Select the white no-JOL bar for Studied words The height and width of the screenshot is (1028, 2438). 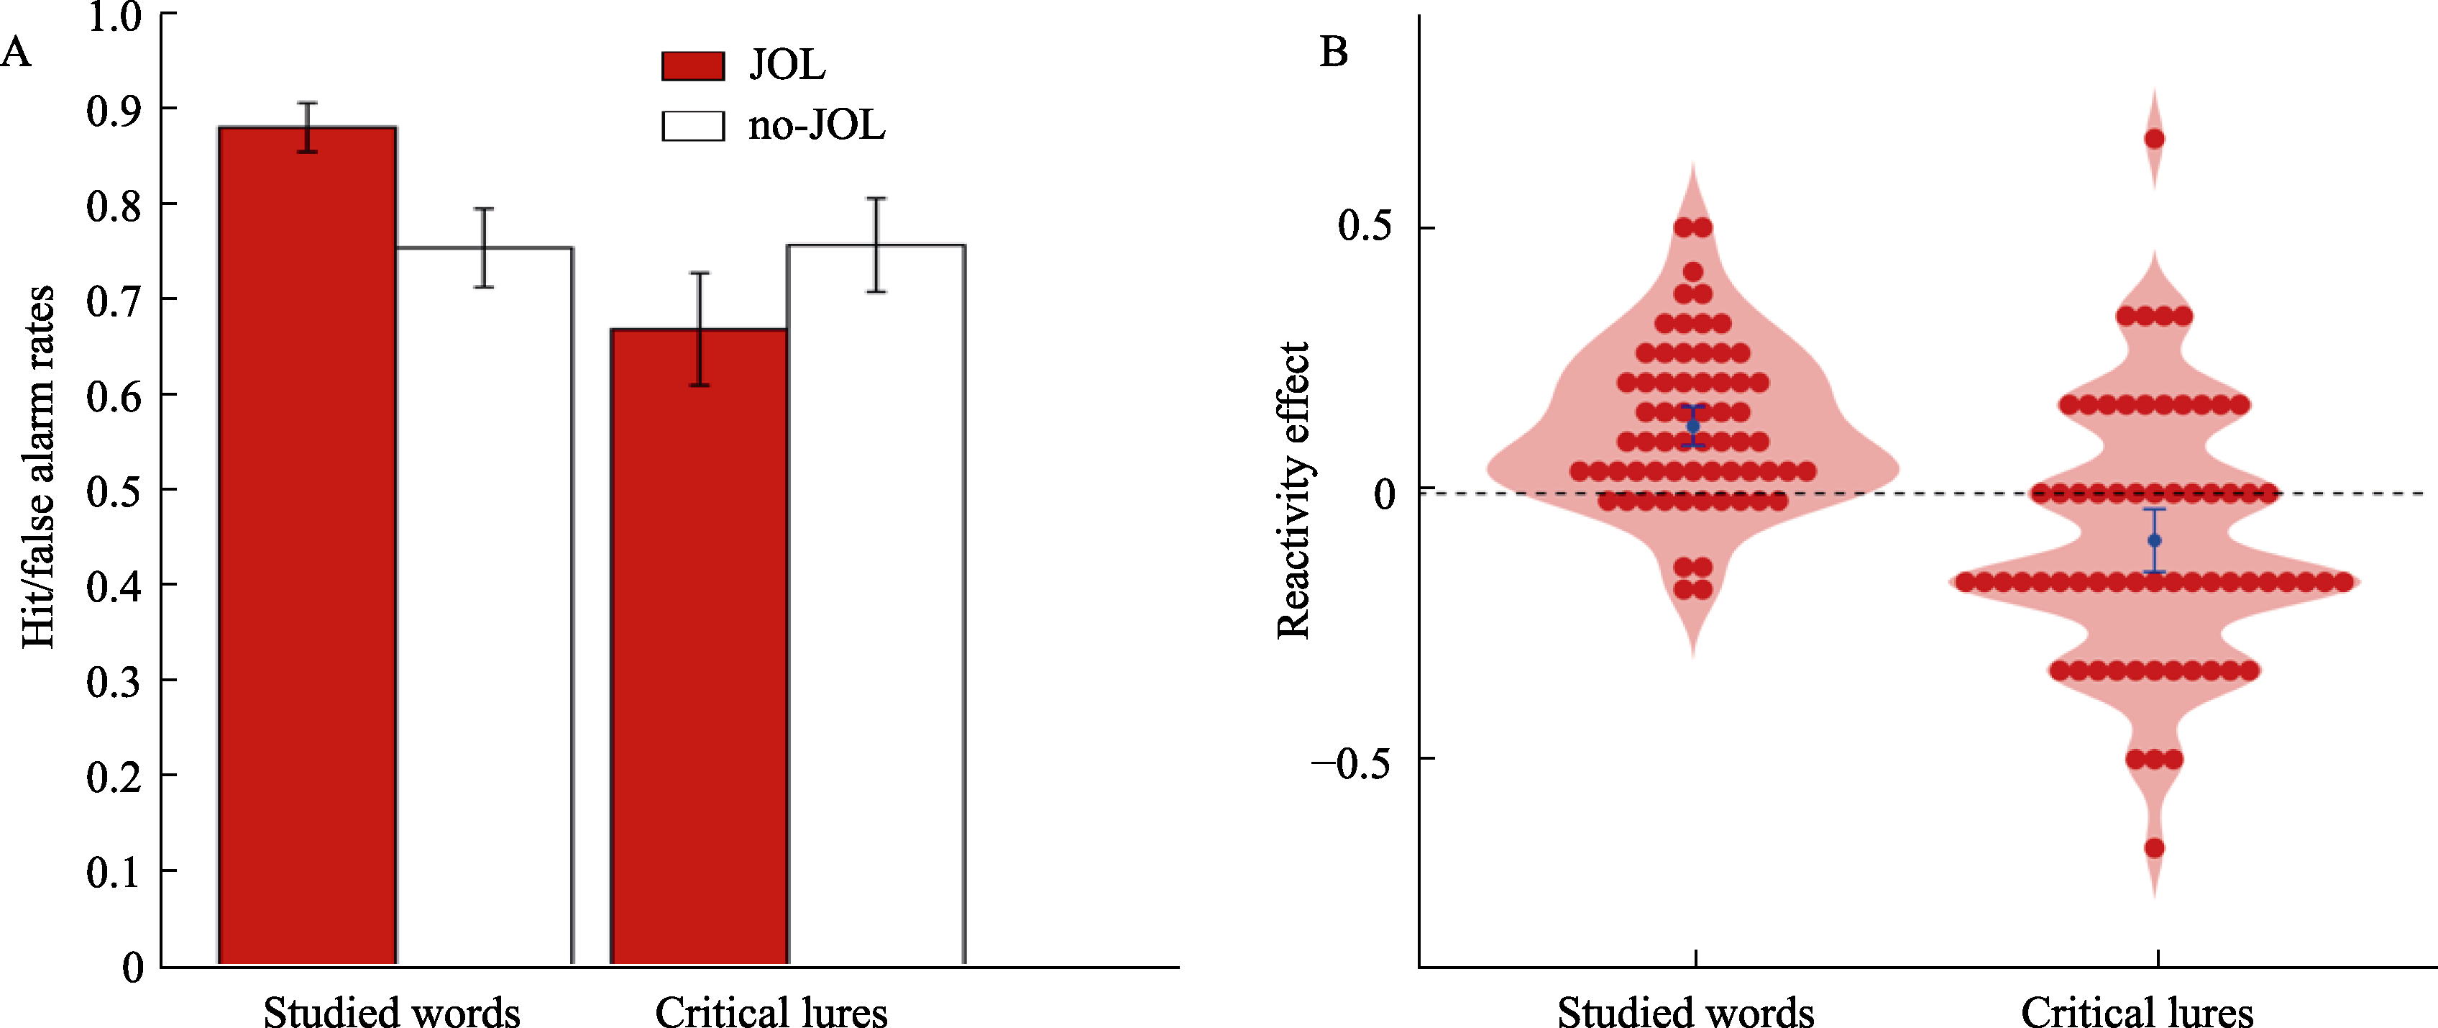[484, 606]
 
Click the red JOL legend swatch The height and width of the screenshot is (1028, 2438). [693, 66]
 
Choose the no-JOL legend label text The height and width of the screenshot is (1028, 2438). [816, 126]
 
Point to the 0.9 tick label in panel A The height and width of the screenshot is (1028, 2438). [114, 111]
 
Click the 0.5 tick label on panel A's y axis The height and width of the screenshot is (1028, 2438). [114, 491]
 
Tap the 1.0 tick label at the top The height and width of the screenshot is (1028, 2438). [114, 17]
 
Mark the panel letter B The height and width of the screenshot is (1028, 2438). [1334, 51]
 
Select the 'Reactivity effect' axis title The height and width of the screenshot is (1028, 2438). [1293, 491]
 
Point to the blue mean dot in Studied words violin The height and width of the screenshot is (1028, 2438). [1693, 426]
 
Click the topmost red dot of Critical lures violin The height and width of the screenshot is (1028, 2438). [2154, 139]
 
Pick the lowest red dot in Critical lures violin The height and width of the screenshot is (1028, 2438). [2154, 847]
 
